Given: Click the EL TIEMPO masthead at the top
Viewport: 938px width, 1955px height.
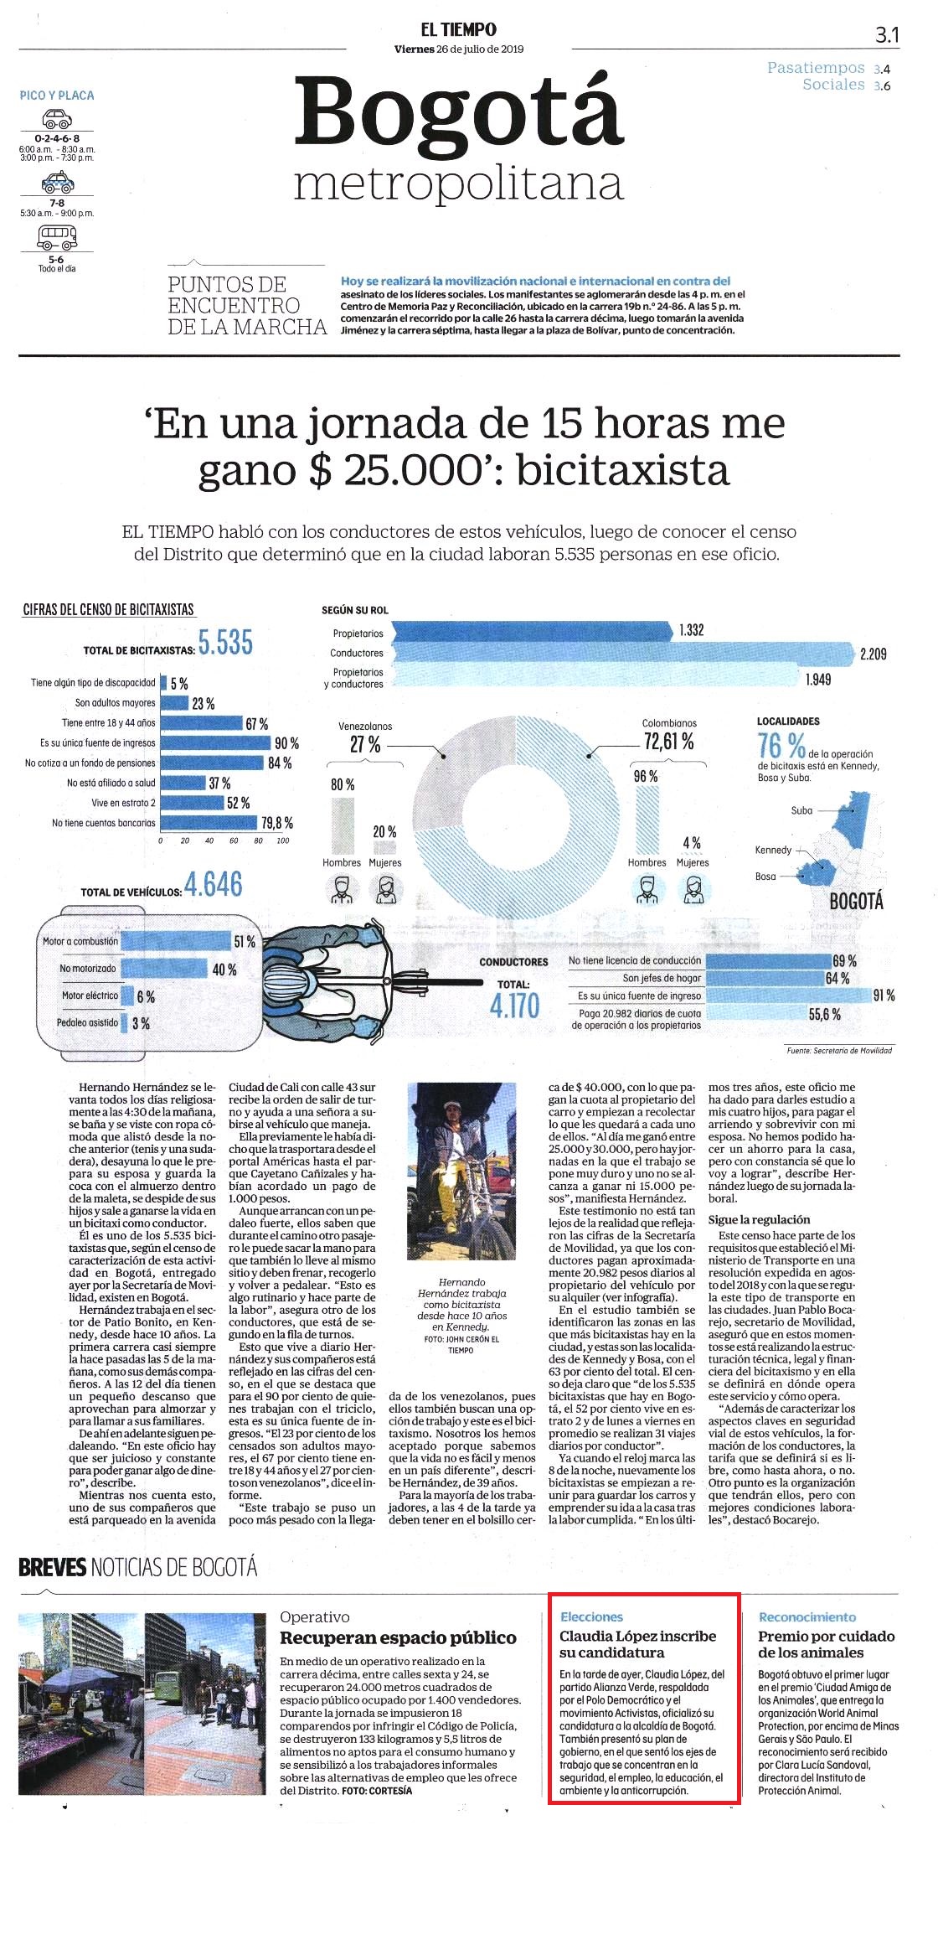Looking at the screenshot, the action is click(x=458, y=29).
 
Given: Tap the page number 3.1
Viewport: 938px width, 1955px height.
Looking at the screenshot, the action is click(x=887, y=34).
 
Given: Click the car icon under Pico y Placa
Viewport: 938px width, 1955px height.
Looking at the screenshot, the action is click(x=57, y=118).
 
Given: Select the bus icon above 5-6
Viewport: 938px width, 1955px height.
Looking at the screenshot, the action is click(x=57, y=238).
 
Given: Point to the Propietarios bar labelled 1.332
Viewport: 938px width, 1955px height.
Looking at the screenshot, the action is click(x=531, y=631).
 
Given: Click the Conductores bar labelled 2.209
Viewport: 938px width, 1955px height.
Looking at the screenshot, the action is click(x=621, y=653).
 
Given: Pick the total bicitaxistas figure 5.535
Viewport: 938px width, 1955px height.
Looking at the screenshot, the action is click(x=225, y=643).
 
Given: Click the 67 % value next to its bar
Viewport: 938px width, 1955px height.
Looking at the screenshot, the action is click(x=257, y=723).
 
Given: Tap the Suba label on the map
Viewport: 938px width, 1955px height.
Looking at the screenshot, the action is click(x=801, y=810).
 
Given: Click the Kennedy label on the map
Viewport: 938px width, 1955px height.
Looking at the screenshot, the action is click(x=773, y=850).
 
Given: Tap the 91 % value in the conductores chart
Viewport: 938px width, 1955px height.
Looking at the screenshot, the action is click(x=884, y=996).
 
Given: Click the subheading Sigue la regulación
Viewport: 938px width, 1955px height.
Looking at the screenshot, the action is click(x=759, y=1219).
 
